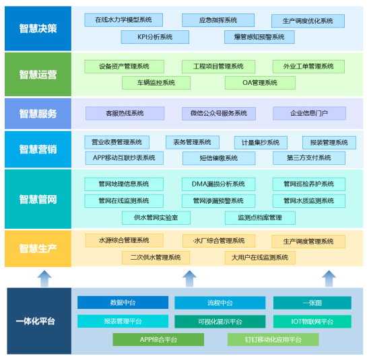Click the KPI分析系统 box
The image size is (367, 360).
(155, 37)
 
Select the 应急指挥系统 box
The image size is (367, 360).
(218, 20)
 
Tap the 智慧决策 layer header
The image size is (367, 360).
(38, 28)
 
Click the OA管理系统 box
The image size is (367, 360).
(260, 83)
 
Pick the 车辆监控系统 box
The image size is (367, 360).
(156, 83)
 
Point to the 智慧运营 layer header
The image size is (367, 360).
(38, 74)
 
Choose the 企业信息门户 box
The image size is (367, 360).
(309, 114)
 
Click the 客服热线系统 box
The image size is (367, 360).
(125, 114)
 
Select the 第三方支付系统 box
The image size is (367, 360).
(309, 158)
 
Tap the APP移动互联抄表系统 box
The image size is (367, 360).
(125, 158)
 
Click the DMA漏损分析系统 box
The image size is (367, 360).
(219, 184)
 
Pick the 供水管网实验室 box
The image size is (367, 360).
(156, 218)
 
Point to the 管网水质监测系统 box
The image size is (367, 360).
(309, 201)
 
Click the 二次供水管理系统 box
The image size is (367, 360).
(156, 258)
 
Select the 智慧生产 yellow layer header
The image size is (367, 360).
(38, 248)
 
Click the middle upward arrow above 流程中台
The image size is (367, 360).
(189, 279)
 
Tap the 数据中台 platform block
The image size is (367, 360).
(123, 302)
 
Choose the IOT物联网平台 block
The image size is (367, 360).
(312, 322)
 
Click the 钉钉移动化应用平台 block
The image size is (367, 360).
(273, 340)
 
